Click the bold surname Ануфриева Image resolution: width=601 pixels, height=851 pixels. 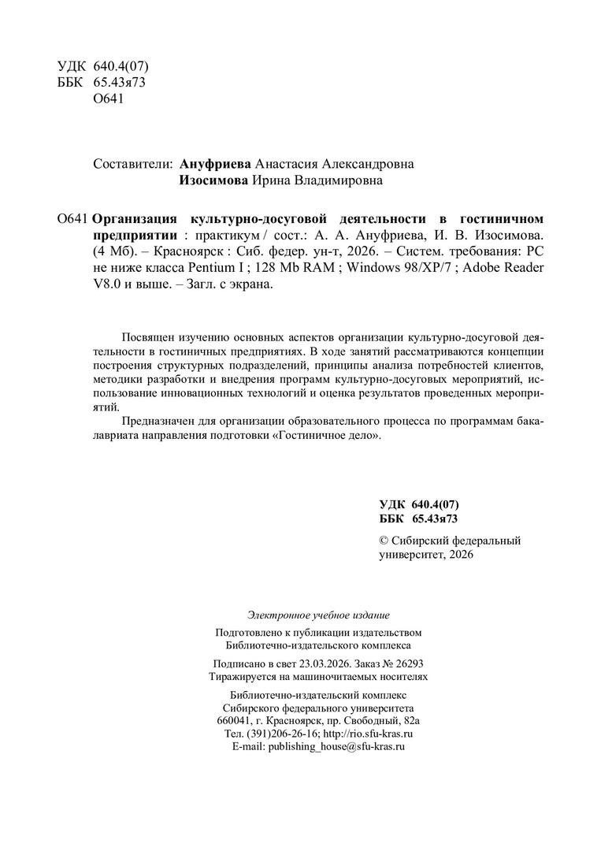(216, 164)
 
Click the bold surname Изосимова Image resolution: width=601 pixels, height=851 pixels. (215, 181)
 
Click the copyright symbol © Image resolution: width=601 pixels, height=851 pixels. (384, 541)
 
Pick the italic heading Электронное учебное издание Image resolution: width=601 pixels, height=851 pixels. (318, 615)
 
